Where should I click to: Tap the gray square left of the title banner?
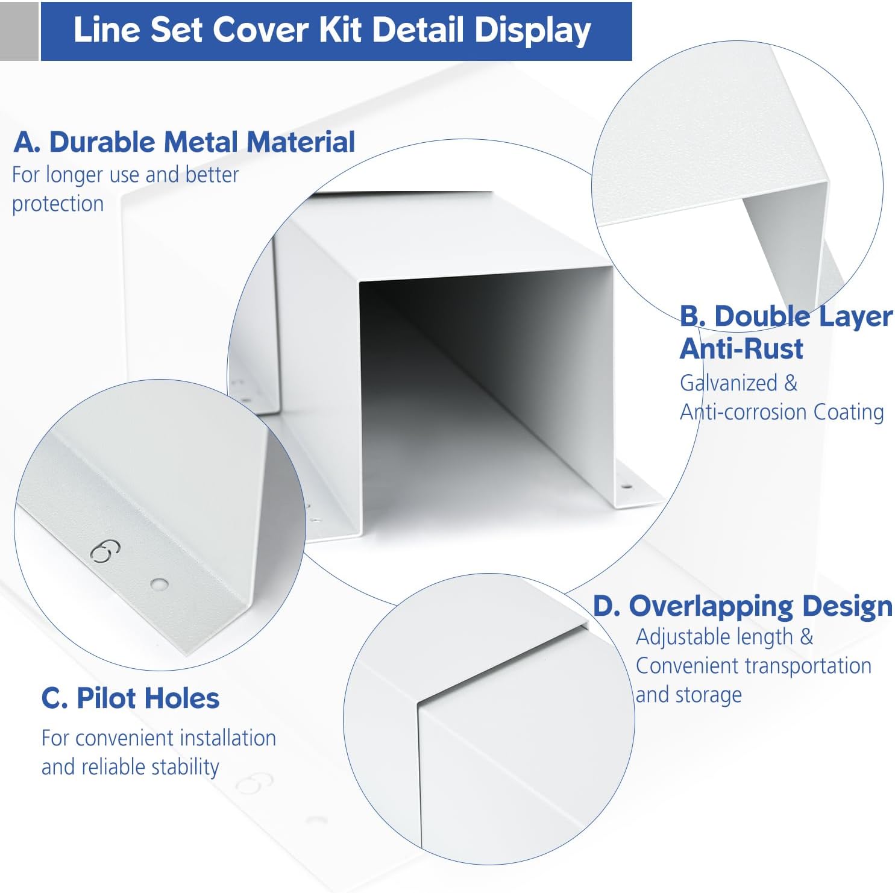(x=19, y=31)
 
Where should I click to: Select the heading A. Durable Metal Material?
(x=184, y=142)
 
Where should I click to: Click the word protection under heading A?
(x=58, y=204)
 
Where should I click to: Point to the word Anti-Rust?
(x=741, y=349)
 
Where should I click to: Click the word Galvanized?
(x=728, y=383)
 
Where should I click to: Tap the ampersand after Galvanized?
(x=791, y=383)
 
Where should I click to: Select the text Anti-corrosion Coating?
(x=782, y=412)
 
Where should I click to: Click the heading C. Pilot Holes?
(x=130, y=698)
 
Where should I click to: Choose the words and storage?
(x=688, y=695)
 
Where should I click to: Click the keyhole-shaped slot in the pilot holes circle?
(x=105, y=551)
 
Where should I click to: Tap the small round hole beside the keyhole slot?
(x=159, y=583)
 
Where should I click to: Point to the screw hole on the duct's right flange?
(x=627, y=486)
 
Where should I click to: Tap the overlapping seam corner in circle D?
(x=419, y=703)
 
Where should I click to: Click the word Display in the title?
(x=532, y=30)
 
